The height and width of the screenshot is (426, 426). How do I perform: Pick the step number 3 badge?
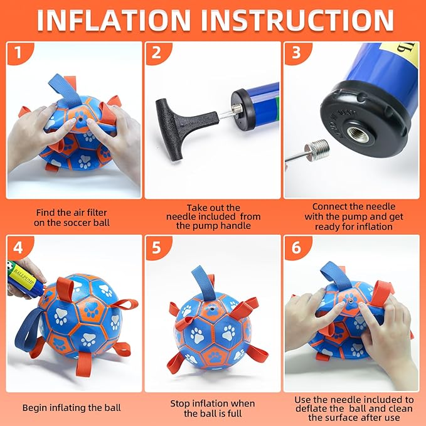296,54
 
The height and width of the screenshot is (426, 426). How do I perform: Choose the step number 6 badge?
296,247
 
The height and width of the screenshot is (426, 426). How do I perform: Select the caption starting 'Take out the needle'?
213,216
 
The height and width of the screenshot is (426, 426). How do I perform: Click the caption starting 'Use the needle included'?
353,408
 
